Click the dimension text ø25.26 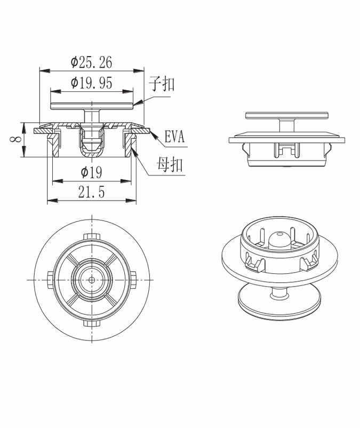click(x=92, y=63)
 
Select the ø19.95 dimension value click(x=91, y=83)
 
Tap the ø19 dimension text click(x=91, y=172)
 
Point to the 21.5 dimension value click(x=91, y=192)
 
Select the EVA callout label click(x=174, y=138)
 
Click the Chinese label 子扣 click(x=161, y=84)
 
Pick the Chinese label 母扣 click(x=170, y=165)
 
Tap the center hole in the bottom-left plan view click(x=92, y=279)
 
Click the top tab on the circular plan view click(x=92, y=236)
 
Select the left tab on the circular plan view click(x=49, y=279)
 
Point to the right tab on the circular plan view click(x=134, y=279)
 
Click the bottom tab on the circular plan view click(x=92, y=322)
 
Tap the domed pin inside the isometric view click(x=280, y=240)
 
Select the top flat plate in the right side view click(x=286, y=115)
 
